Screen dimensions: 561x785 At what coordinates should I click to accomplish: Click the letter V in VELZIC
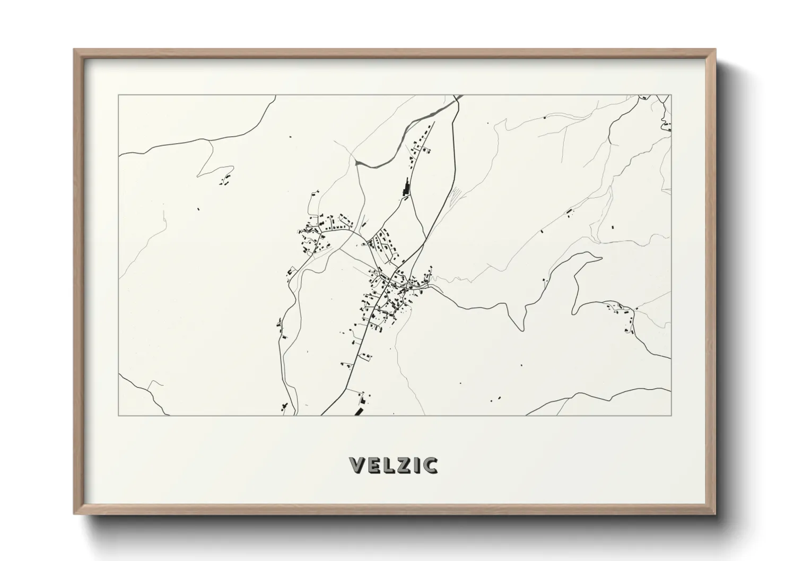click(x=356, y=465)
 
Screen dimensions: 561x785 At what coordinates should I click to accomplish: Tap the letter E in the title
click(x=373, y=465)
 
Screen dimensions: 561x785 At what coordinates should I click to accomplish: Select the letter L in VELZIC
click(x=388, y=465)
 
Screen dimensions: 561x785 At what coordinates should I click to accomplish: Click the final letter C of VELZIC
click(x=430, y=465)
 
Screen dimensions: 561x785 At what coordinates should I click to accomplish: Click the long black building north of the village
click(x=407, y=187)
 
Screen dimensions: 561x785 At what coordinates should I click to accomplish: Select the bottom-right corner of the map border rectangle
click(x=671, y=416)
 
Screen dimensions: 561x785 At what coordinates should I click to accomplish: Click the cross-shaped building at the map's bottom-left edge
click(x=284, y=408)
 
